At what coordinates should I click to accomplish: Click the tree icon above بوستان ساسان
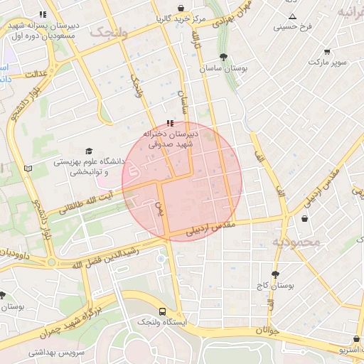point(224,57)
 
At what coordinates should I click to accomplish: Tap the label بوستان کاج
point(275,285)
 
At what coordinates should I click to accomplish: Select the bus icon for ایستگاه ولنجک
point(163,311)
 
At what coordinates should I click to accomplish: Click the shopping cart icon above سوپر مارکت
point(327,52)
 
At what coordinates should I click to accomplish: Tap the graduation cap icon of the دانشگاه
point(89,151)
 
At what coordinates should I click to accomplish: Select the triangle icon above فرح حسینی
point(292,16)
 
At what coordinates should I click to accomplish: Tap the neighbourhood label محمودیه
point(296,242)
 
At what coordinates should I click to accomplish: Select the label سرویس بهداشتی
point(57,352)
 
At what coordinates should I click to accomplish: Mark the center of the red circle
point(182,181)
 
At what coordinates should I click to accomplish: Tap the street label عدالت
point(35,73)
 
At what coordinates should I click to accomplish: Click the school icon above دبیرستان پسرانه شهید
point(43,14)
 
